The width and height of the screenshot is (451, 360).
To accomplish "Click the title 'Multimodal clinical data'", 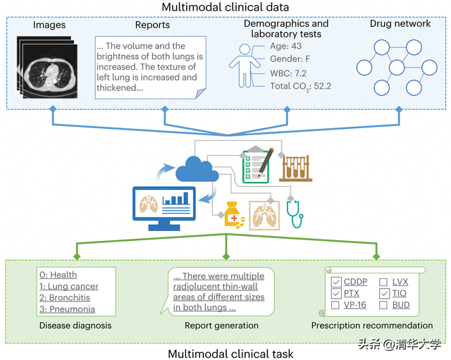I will point(225,8).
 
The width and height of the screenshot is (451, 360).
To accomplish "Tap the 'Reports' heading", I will point(152,25).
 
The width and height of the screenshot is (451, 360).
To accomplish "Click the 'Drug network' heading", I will point(400,24).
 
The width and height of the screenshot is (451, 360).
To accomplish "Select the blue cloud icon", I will point(192,168).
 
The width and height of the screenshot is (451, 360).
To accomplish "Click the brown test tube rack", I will point(297,167).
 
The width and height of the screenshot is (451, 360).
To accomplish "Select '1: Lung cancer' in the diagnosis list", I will point(69,287).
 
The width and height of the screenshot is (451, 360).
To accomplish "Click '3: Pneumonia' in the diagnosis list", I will point(67,309).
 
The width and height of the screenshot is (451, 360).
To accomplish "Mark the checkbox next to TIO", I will point(383,294).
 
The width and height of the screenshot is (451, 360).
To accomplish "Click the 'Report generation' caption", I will point(221,325).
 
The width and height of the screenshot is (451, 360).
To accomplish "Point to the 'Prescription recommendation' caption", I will point(372,325).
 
